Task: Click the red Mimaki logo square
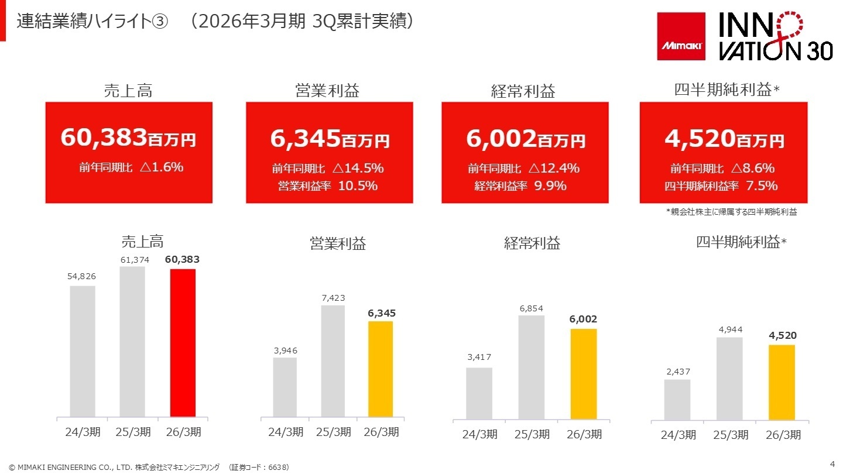click(x=681, y=36)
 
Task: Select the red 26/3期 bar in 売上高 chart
click(x=183, y=343)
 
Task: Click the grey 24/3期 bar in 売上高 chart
click(x=83, y=351)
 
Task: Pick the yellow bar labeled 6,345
click(x=381, y=369)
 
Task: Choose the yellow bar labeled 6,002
click(x=584, y=374)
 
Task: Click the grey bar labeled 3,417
click(x=479, y=393)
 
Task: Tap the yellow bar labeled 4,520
click(x=782, y=382)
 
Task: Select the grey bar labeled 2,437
click(x=677, y=400)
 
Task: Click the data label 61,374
click(x=132, y=260)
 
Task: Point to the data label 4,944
click(x=730, y=330)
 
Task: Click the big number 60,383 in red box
click(x=104, y=139)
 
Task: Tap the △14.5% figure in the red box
click(x=358, y=169)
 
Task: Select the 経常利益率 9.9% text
click(x=520, y=186)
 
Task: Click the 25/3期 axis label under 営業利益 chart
click(x=333, y=432)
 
